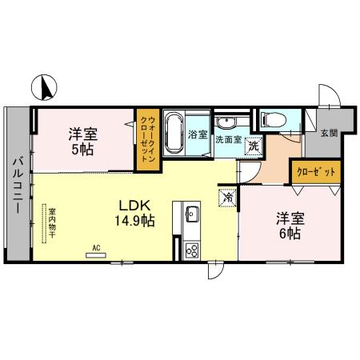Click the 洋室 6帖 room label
pos(289,225)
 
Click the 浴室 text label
pos(197,135)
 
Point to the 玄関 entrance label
pos(329,134)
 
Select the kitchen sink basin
pos(192,214)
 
